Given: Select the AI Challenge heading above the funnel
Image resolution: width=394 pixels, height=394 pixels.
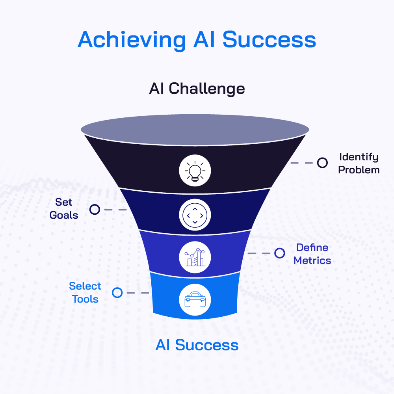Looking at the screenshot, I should coord(197,89).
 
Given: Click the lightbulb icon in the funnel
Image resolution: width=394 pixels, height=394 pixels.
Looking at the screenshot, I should coord(195,171).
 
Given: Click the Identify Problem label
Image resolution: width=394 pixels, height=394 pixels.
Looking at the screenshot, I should coord(359,164).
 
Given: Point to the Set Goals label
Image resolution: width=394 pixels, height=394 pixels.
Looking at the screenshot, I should coord(64,208).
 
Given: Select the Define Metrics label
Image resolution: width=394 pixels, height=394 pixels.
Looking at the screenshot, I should coord(312,254).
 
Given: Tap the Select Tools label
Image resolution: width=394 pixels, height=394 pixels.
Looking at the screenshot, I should coord(85,292).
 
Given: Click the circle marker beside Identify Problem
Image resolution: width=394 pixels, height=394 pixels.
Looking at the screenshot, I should coord(322,163).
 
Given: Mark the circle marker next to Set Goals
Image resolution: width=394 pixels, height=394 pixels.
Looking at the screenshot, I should coord(95,209).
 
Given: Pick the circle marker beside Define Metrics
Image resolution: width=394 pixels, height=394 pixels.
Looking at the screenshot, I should coord(280,253).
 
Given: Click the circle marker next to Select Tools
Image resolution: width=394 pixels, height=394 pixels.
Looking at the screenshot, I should coord(117,293).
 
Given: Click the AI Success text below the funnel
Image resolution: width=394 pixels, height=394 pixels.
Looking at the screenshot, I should coord(197,345).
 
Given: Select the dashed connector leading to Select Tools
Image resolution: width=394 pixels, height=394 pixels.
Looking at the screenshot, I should coord(138,293).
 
